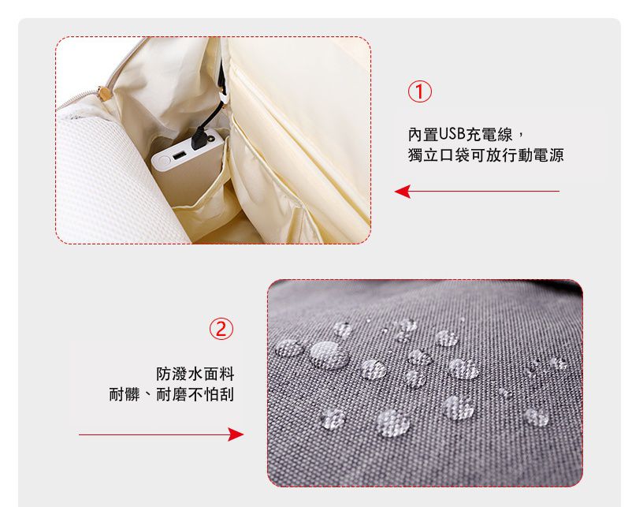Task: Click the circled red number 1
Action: pyautogui.click(x=419, y=91)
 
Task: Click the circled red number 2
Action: pyautogui.click(x=221, y=328)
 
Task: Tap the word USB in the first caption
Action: pyautogui.click(x=452, y=134)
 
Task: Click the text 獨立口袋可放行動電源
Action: pyautogui.click(x=485, y=155)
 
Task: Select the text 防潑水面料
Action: pyautogui.click(x=195, y=374)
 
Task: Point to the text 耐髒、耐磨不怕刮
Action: pyautogui.click(x=171, y=394)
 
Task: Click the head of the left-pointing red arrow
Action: pyautogui.click(x=402, y=191)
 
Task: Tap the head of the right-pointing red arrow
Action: pyautogui.click(x=236, y=434)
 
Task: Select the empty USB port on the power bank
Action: pyautogui.click(x=179, y=155)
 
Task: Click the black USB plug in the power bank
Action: pyautogui.click(x=200, y=137)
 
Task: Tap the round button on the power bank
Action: pyautogui.click(x=164, y=161)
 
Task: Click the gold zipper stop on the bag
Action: pyautogui.click(x=104, y=93)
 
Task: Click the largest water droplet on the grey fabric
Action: pyautogui.click(x=329, y=355)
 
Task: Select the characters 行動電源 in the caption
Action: pyautogui.click(x=533, y=155)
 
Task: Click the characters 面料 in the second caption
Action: pyautogui.click(x=219, y=374)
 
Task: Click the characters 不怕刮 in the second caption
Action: pyautogui.click(x=211, y=394)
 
